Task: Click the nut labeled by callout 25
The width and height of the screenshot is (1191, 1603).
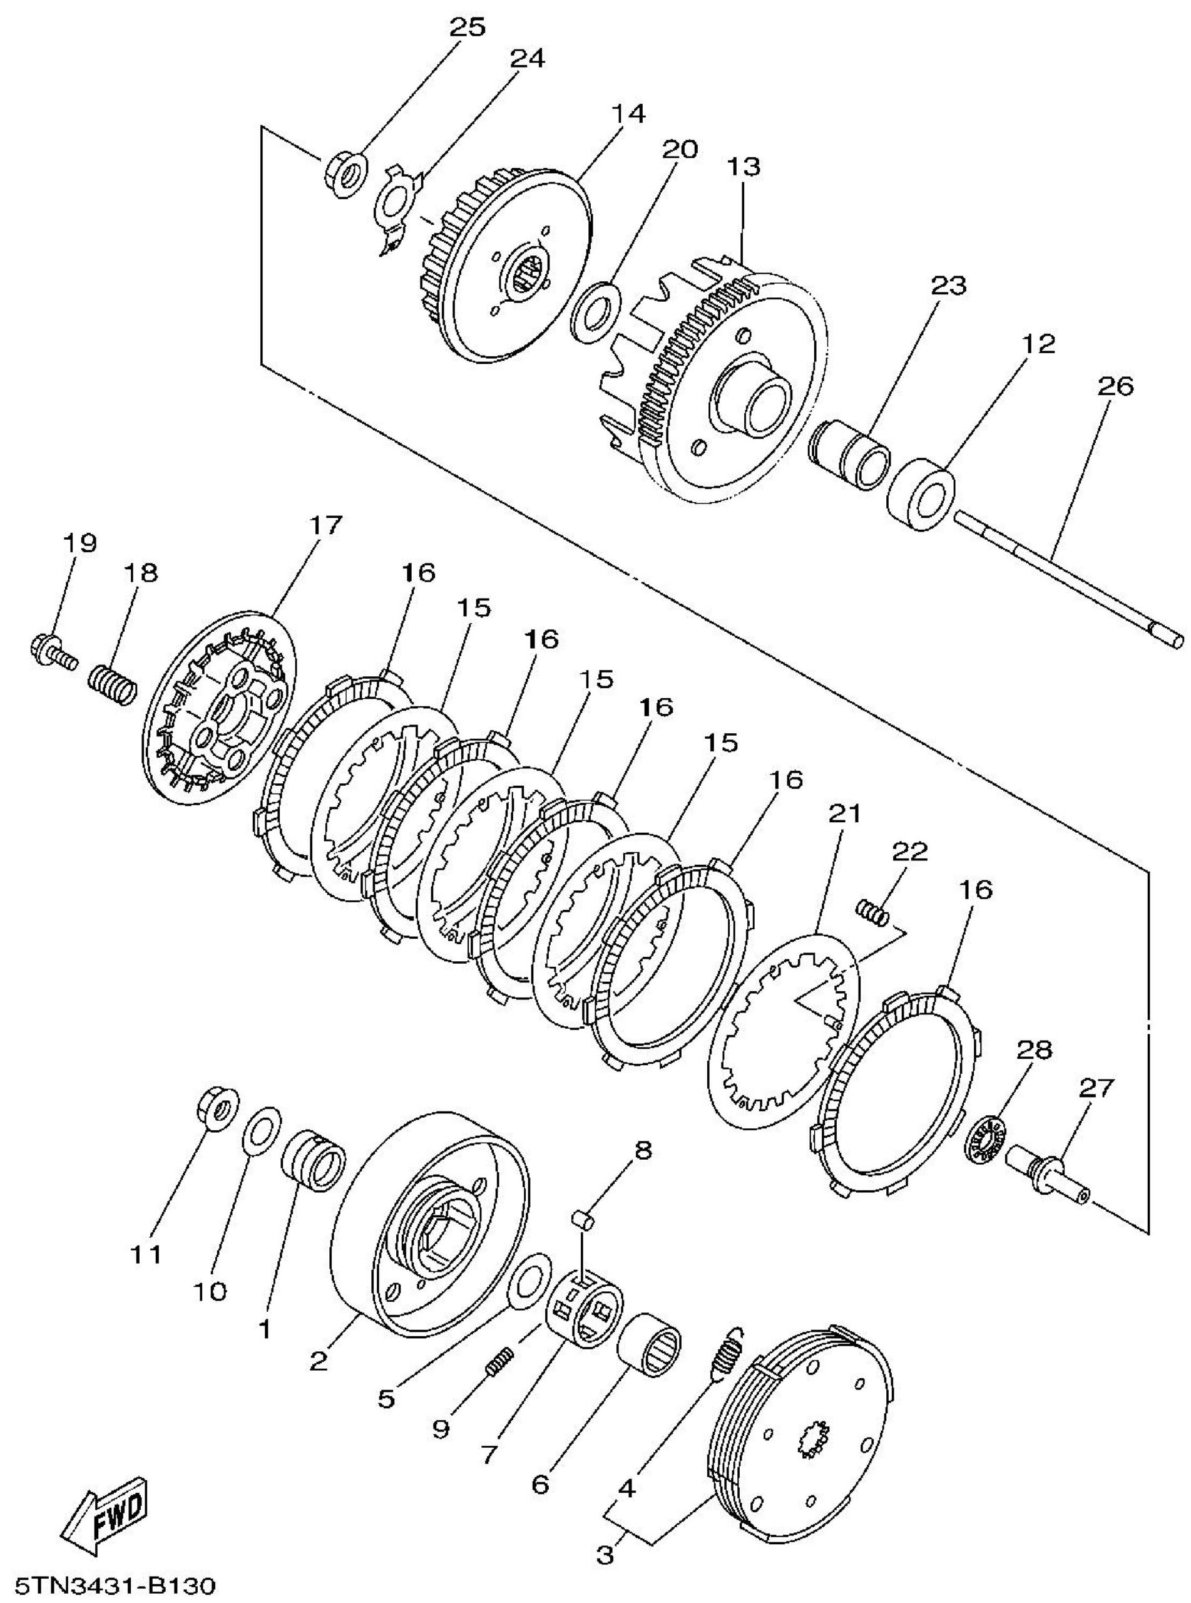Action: click(x=345, y=175)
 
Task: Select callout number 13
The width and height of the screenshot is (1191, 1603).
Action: click(x=744, y=166)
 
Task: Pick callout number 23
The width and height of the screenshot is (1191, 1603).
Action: click(x=948, y=286)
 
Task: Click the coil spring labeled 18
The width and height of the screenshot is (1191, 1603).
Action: click(x=113, y=685)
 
